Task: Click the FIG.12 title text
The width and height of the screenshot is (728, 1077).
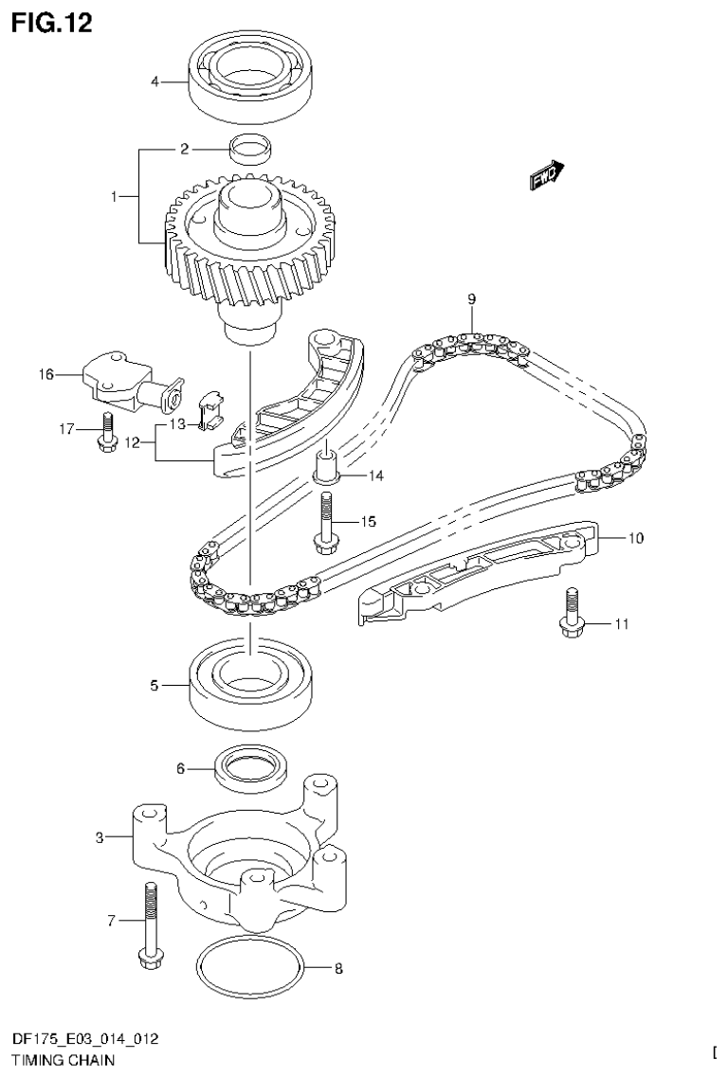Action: pyautogui.click(x=52, y=23)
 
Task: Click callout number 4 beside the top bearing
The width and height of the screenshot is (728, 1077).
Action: pyautogui.click(x=155, y=82)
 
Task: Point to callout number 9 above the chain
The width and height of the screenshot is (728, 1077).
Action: pyautogui.click(x=471, y=299)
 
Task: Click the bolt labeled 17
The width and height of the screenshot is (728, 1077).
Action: pyautogui.click(x=107, y=431)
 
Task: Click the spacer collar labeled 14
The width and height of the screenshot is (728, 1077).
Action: pyautogui.click(x=326, y=465)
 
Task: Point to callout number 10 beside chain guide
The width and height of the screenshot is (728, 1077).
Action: pyautogui.click(x=634, y=539)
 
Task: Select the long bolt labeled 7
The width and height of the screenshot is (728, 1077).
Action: pyautogui.click(x=151, y=924)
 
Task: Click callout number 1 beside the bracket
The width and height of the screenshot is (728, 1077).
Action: pyautogui.click(x=114, y=196)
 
